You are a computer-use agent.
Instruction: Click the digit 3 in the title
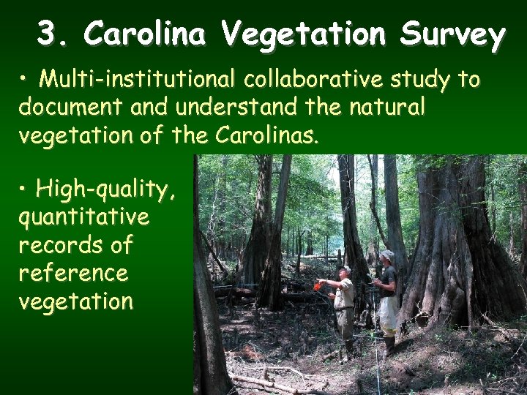pos(48,34)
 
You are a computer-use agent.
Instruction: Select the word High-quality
pos(106,190)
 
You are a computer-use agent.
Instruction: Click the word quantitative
pos(83,217)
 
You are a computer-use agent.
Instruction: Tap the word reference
pos(73,273)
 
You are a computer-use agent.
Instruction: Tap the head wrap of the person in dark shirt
pos(387,255)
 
